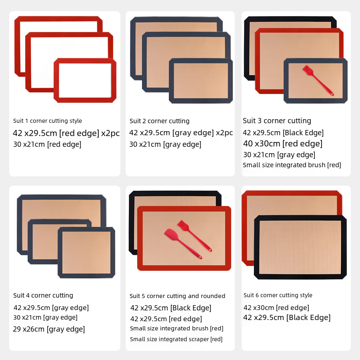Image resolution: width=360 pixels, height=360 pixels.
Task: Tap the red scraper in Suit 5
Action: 183,244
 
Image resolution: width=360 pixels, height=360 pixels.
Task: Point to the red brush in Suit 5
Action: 194,236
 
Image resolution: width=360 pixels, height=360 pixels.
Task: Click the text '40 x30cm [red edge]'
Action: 283,144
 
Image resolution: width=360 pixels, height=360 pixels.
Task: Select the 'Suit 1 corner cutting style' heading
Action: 48,121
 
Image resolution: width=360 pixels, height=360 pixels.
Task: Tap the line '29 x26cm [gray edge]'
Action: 49,329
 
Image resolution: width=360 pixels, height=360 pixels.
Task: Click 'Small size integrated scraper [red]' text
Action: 176,339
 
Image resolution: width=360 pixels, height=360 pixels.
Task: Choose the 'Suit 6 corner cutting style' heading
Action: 278,295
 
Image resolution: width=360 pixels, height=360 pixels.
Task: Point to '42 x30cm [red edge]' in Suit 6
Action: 276,308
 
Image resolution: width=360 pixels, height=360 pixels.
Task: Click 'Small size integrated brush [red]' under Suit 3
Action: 292,165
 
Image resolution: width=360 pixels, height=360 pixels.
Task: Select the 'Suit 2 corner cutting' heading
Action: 160,121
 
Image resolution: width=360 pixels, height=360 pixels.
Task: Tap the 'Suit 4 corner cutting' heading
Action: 43,295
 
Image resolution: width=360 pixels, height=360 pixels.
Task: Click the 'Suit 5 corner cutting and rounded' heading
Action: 177,296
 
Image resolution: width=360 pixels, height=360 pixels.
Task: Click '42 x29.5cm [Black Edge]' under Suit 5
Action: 170,308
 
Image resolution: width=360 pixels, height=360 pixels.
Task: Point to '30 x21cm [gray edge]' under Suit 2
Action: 165,144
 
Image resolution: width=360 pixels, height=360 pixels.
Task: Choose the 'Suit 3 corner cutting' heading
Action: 277,121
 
